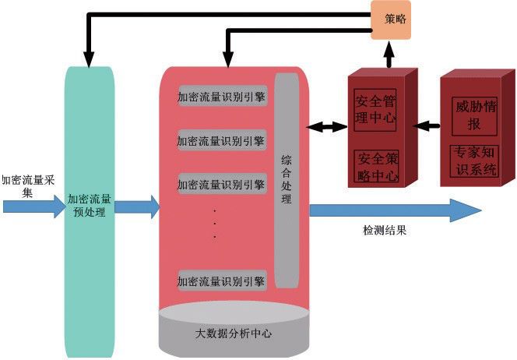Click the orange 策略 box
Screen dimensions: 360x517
(x=390, y=19)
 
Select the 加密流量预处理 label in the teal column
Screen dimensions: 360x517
(x=89, y=205)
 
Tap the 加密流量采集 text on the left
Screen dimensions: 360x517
(x=28, y=185)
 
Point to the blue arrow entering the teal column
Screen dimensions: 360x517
(x=34, y=206)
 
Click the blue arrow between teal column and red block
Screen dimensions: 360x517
(x=137, y=206)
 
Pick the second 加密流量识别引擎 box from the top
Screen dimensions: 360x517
(x=222, y=141)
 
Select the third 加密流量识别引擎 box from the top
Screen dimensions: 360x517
(x=222, y=185)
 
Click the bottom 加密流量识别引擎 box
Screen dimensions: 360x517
(x=222, y=280)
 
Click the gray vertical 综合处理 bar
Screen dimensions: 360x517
(x=287, y=179)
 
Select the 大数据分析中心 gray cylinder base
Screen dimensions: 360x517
(x=234, y=333)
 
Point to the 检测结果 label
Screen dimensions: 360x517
(x=385, y=231)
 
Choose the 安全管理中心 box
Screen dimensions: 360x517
(x=375, y=110)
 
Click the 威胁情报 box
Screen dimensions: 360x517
(x=473, y=114)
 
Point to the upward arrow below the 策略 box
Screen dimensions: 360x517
(x=390, y=54)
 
